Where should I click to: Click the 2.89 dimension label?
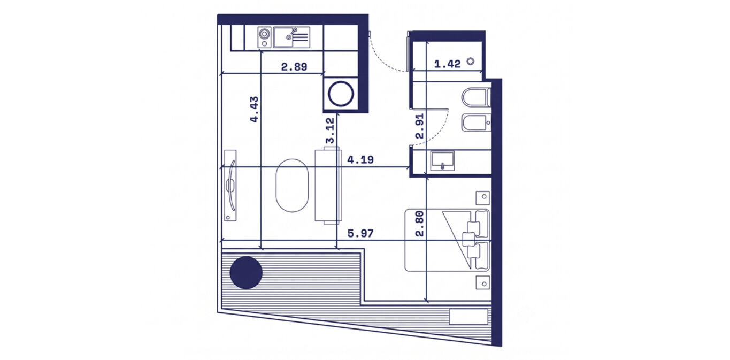[294, 67]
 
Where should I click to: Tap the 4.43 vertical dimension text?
[254, 109]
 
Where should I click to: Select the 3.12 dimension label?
[330, 131]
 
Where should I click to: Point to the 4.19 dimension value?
[360, 160]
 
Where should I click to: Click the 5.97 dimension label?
[360, 233]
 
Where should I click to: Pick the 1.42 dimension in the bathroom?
[448, 64]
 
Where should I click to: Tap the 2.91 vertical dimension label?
[420, 126]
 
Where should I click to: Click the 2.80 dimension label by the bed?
[420, 224]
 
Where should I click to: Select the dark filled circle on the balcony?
[246, 273]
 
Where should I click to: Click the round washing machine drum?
[341, 94]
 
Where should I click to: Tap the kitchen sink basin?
[283, 37]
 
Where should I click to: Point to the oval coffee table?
[292, 186]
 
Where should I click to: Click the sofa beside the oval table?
[328, 186]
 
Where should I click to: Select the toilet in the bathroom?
[477, 97]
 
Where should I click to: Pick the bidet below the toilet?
[477, 123]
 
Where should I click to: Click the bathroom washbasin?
[442, 161]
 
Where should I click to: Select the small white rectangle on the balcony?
[468, 317]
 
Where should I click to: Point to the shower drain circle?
[470, 61]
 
